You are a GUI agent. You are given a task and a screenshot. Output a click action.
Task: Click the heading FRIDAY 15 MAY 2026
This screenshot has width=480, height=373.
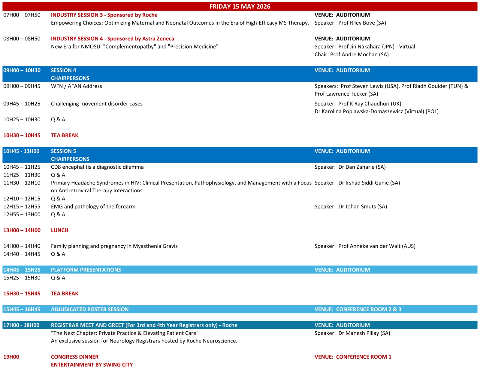240,7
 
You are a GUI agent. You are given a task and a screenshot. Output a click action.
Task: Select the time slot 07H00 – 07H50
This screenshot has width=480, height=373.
22,15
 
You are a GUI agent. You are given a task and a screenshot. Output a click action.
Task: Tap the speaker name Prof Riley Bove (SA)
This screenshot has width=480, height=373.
362,23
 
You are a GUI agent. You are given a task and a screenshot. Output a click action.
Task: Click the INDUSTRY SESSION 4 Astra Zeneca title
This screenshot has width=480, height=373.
112,39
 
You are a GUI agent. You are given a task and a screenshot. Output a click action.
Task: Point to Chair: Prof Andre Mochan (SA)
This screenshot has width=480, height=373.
352,55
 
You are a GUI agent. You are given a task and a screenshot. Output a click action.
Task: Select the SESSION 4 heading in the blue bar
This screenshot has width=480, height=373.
63,70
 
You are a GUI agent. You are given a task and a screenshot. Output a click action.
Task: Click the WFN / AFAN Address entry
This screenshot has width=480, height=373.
76,86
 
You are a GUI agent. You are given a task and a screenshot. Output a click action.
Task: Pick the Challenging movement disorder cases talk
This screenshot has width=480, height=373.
97,104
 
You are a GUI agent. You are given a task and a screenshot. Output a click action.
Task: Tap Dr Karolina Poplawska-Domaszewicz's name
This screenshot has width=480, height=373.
376,111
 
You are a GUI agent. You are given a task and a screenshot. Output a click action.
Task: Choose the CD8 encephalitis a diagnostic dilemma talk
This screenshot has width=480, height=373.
97,167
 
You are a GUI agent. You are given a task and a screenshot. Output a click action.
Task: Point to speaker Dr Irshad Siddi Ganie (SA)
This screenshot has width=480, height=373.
369,183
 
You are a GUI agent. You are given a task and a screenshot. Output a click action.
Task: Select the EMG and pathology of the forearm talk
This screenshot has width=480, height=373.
93,207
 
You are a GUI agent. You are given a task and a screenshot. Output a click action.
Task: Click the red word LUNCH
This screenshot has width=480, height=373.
59,230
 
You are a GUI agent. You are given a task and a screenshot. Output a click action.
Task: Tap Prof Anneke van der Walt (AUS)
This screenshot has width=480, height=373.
377,246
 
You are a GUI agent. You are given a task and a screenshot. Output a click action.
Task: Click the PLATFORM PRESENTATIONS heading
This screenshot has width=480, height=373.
86,270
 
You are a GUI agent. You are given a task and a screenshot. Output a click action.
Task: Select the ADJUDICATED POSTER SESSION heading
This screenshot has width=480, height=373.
89,309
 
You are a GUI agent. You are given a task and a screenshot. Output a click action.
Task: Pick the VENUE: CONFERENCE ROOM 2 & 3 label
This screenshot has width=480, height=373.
358,309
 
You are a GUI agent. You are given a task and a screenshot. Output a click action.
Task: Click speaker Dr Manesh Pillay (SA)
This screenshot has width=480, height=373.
364,333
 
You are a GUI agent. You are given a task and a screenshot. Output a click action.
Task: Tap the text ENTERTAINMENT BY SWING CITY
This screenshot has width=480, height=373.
92,365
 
